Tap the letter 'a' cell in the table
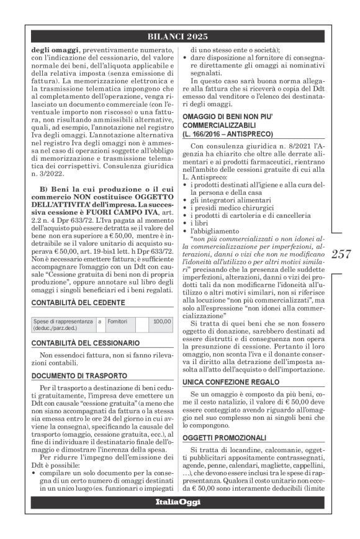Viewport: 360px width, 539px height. click(99, 322)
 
